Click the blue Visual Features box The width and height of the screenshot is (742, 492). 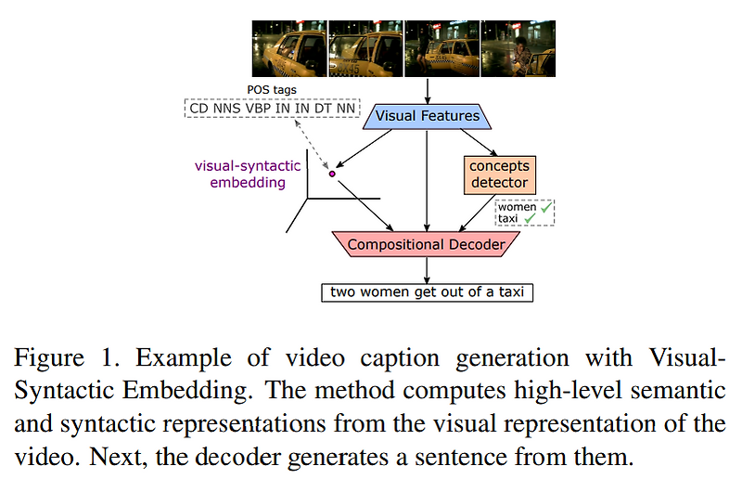click(426, 116)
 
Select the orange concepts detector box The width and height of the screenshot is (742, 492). click(498, 175)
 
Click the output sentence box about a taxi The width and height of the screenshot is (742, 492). click(427, 292)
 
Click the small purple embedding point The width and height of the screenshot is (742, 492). click(332, 173)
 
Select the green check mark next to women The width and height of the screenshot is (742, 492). click(544, 207)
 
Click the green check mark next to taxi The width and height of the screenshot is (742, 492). click(532, 219)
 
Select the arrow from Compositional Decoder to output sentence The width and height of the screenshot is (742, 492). click(427, 269)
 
